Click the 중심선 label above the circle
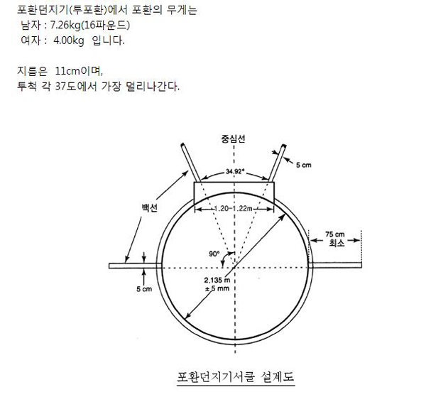(233, 139)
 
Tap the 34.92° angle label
(235, 171)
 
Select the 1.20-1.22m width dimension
(233, 209)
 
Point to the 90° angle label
(214, 254)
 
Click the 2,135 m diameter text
(217, 280)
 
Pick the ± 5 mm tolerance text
(217, 288)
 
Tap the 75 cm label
(335, 234)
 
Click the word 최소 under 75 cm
(337, 243)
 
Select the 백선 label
(150, 208)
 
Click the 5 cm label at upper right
(304, 165)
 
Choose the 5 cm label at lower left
(144, 289)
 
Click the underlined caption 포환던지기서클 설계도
(236, 376)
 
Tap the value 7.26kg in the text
(65, 26)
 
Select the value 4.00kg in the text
(68, 40)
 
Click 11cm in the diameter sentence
(67, 71)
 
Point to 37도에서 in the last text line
(76, 87)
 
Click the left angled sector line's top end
(182, 144)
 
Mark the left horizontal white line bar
(136, 266)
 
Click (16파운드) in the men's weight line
(105, 26)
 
